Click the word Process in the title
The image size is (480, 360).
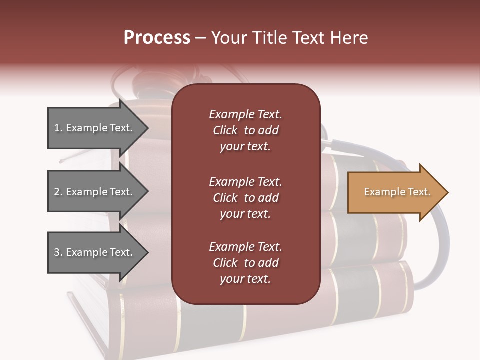coord(157,38)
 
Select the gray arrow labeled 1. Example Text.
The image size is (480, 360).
coord(95,128)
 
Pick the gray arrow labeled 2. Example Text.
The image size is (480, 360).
coord(95,192)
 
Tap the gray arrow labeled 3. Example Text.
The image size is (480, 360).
coord(95,252)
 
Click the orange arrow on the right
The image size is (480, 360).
coord(395,192)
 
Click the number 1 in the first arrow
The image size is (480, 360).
coord(56,128)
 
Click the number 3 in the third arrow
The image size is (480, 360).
coord(56,252)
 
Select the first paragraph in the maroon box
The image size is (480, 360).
coord(245,130)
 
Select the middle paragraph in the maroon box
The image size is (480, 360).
coord(245,198)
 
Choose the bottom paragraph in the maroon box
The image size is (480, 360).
coord(245,263)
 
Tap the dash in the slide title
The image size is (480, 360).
coord(200,38)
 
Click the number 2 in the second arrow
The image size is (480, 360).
coord(57,192)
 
